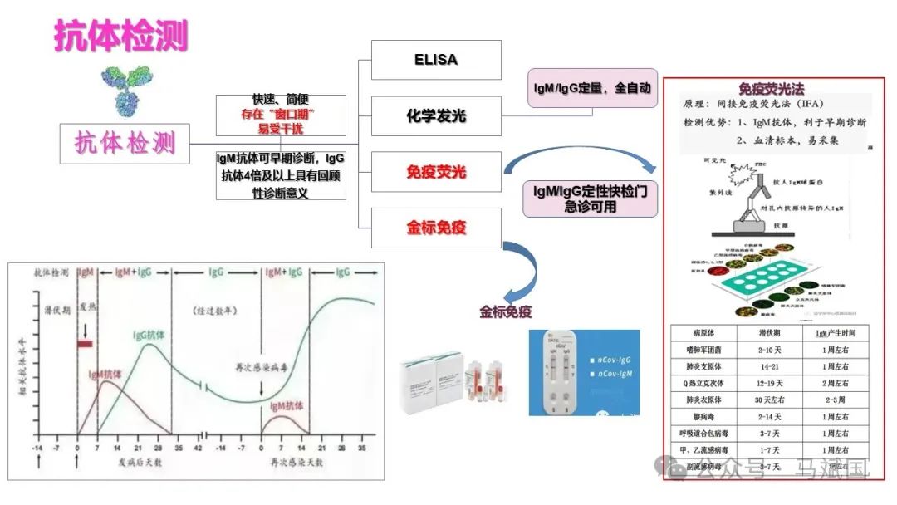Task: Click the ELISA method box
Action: [x=436, y=60]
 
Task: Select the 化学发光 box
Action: [x=436, y=115]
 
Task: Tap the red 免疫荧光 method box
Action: [x=436, y=172]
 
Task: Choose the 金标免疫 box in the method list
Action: [x=436, y=228]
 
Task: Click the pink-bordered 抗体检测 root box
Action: [x=125, y=144]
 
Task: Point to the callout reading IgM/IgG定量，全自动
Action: [x=592, y=87]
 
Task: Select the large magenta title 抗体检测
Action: [x=121, y=37]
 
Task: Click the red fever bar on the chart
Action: [x=86, y=343]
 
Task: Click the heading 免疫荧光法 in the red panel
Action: [x=771, y=89]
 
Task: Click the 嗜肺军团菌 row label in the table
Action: [x=700, y=351]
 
